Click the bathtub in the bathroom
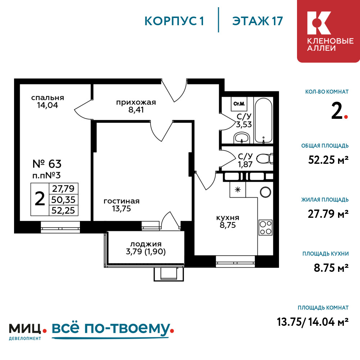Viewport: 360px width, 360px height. pyautogui.click(x=264, y=121)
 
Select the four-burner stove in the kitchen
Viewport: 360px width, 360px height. pyautogui.click(x=265, y=227)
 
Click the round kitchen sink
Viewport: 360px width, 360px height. pyautogui.click(x=265, y=192)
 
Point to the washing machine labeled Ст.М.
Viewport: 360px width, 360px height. pyautogui.click(x=239, y=104)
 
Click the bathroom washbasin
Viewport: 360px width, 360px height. pyautogui.click(x=241, y=138)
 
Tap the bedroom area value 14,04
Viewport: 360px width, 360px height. pyautogui.click(x=48, y=105)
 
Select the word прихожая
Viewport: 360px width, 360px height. pyautogui.click(x=136, y=102)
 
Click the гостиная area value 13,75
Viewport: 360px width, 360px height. pyautogui.click(x=121, y=209)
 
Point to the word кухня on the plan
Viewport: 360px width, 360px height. pyautogui.click(x=228, y=218)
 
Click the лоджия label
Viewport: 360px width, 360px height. pyautogui.click(x=146, y=244)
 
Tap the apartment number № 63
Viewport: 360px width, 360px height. pyautogui.click(x=47, y=164)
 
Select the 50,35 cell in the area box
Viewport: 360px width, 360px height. pyautogui.click(x=63, y=200)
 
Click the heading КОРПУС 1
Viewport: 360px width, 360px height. pyautogui.click(x=174, y=21)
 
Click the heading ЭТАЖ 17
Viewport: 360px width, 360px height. pyautogui.click(x=257, y=21)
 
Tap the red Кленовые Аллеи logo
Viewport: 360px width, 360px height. pyautogui.click(x=329, y=31)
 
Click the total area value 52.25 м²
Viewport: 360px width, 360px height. pyautogui.click(x=328, y=160)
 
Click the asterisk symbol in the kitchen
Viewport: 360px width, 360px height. pyautogui.click(x=238, y=190)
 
